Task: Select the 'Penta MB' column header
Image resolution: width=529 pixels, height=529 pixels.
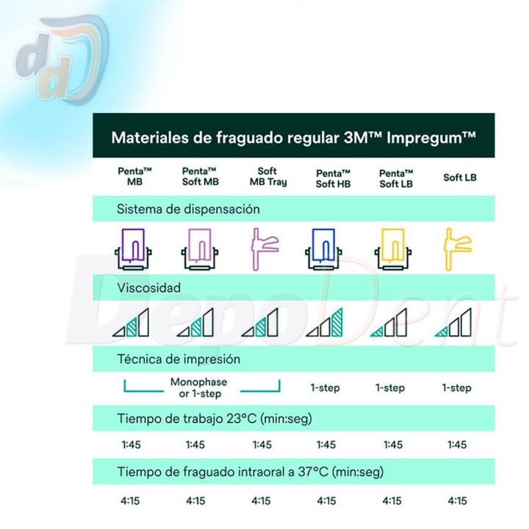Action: click(x=134, y=176)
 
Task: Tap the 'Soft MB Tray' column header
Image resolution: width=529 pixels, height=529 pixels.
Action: click(x=268, y=176)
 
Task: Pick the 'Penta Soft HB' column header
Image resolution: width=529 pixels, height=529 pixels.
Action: click(x=334, y=179)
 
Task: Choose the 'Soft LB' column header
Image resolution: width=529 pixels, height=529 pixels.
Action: click(x=460, y=178)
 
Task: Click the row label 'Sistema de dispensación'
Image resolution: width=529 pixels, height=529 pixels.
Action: click(x=188, y=209)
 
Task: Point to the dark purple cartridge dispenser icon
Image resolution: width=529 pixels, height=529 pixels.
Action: click(x=133, y=249)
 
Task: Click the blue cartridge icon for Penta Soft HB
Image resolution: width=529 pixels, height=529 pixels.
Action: click(x=323, y=249)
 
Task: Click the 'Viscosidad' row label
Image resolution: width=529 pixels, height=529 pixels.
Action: click(x=148, y=288)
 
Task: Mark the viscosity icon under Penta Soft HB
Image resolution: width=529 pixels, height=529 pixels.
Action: click(x=324, y=323)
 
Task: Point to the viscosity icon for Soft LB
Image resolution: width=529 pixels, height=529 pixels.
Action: click(x=453, y=323)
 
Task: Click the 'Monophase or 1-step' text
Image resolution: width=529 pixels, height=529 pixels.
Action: click(x=198, y=388)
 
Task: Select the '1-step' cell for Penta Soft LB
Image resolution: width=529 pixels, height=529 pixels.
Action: click(x=390, y=388)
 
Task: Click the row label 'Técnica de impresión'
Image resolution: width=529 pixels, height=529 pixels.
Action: click(x=179, y=359)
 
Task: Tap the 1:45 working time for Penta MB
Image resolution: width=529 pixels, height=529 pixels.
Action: click(x=131, y=445)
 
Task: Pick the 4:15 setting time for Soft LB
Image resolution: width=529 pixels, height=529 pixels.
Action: click(x=457, y=500)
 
